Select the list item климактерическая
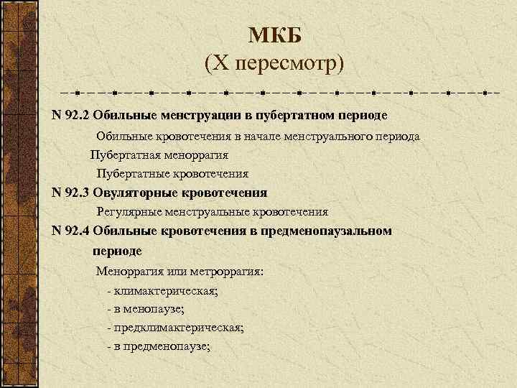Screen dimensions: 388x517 coord(165,291)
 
